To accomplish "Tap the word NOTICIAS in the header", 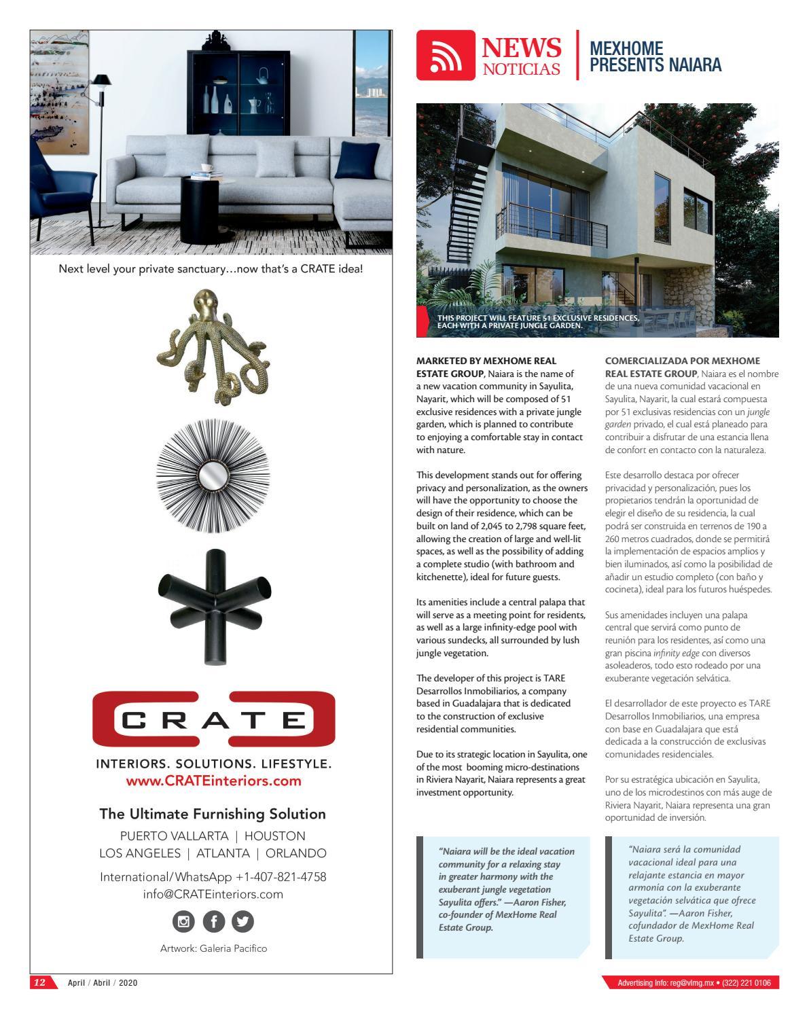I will tap(522, 69).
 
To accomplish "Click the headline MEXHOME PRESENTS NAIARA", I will tap(655, 56).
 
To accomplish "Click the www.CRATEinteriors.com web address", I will tap(213, 781).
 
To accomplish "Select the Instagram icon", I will tap(184, 922).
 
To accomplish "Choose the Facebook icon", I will tap(213, 922).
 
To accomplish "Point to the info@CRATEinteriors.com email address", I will tap(213, 894).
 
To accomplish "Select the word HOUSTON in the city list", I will tap(274, 836).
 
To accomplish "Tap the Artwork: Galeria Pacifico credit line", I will tap(213, 948).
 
